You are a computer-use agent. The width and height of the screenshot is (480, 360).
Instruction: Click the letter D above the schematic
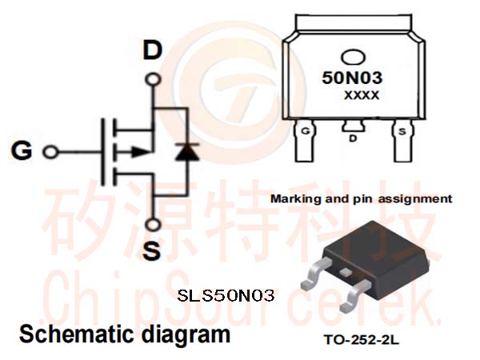pyautogui.click(x=153, y=50)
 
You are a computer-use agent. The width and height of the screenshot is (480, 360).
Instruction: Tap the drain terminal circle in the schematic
pyautogui.click(x=153, y=79)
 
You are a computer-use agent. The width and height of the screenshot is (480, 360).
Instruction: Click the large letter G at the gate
pyautogui.click(x=22, y=150)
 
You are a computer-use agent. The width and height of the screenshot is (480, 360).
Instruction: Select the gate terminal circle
pyautogui.click(x=50, y=152)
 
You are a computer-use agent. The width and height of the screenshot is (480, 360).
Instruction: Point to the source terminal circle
pyautogui.click(x=153, y=225)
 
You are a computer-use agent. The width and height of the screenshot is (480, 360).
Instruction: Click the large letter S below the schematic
pyautogui.click(x=152, y=250)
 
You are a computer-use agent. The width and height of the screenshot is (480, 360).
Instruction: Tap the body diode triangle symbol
pyautogui.click(x=186, y=152)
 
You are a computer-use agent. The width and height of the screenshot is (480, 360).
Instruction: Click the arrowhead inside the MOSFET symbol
pyautogui.click(x=142, y=151)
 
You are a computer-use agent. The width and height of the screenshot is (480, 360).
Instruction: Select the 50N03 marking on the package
pyautogui.click(x=352, y=78)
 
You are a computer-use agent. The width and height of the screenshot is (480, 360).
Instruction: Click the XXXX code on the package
pyautogui.click(x=362, y=95)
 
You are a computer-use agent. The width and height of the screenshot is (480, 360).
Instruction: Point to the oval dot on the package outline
pyautogui.click(x=353, y=58)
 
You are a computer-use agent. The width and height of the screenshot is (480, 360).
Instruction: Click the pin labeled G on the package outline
pyautogui.click(x=305, y=140)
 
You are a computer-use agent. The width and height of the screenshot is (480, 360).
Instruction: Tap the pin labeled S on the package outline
pyautogui.click(x=402, y=140)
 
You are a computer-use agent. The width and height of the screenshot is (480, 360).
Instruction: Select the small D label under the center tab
pyautogui.click(x=353, y=138)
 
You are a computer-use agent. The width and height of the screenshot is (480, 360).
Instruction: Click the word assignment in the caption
pyautogui.click(x=415, y=199)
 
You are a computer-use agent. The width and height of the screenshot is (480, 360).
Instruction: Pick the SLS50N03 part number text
pyautogui.click(x=226, y=296)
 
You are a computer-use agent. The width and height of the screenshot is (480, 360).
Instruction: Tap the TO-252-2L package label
pyautogui.click(x=362, y=340)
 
